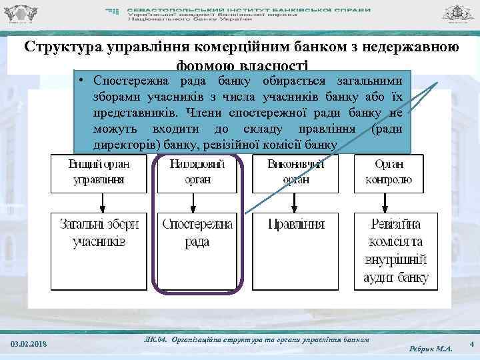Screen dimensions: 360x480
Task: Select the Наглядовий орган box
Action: pos(198,172)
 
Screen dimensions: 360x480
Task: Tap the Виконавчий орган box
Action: pos(295,172)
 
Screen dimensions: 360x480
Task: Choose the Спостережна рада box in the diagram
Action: pos(198,233)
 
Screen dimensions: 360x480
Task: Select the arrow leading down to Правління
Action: pos(295,202)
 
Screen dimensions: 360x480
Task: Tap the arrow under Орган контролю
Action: pos(385,202)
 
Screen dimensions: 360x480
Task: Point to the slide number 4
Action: pos(471,343)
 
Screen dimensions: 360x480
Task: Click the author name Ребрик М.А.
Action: pos(431,348)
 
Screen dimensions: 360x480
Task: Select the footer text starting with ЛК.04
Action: pos(256,340)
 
